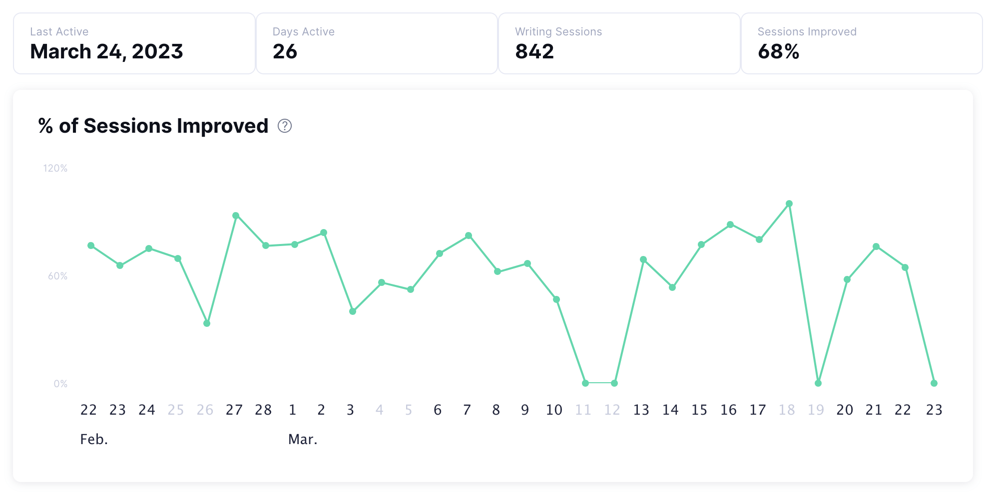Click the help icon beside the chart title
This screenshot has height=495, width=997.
click(285, 126)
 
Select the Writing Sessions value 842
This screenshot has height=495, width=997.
click(534, 51)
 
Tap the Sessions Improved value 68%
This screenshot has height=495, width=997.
click(778, 51)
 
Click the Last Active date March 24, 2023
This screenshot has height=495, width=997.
click(106, 51)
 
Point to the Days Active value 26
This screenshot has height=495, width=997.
click(285, 51)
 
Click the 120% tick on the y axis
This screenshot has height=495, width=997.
click(55, 168)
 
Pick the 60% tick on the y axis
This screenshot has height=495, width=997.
click(57, 276)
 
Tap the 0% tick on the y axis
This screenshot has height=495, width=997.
click(60, 384)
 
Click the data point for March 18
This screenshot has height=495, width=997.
click(789, 204)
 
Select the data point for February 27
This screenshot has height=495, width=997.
click(236, 216)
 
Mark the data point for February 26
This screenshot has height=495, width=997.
click(207, 323)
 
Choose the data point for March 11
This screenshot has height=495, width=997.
click(585, 383)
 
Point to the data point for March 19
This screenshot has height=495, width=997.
click(818, 383)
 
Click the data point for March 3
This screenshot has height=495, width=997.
click(353, 311)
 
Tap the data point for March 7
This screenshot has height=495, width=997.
click(469, 236)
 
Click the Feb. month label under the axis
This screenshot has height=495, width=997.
click(94, 440)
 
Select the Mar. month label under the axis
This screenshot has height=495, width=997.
click(303, 440)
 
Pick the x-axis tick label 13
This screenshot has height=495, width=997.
click(641, 410)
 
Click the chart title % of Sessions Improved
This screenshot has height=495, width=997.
click(153, 126)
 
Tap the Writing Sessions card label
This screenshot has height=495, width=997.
click(558, 32)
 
